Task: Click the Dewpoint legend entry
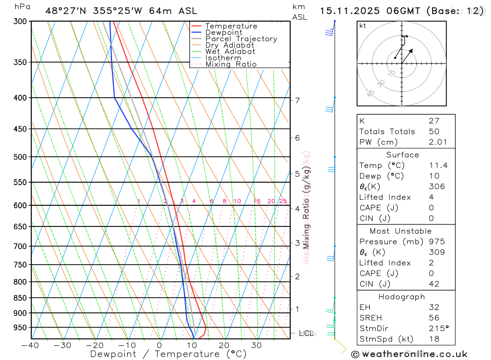[223, 32]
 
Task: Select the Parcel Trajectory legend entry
[241, 39]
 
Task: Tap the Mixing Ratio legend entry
[231, 64]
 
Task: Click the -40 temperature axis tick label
[30, 345]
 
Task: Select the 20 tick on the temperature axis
[224, 345]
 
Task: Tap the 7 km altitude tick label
[297, 101]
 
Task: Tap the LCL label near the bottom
[306, 333]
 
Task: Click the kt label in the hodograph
[362, 26]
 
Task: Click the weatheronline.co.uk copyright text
[409, 354]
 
